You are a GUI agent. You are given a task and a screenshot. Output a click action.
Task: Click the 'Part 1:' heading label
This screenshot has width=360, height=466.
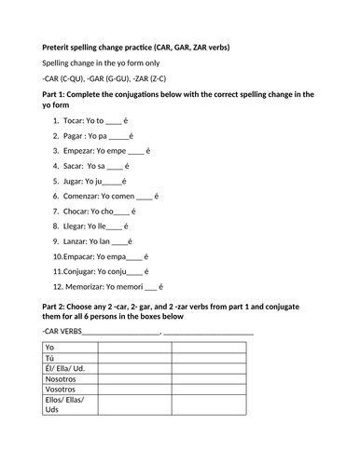pos(58,94)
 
